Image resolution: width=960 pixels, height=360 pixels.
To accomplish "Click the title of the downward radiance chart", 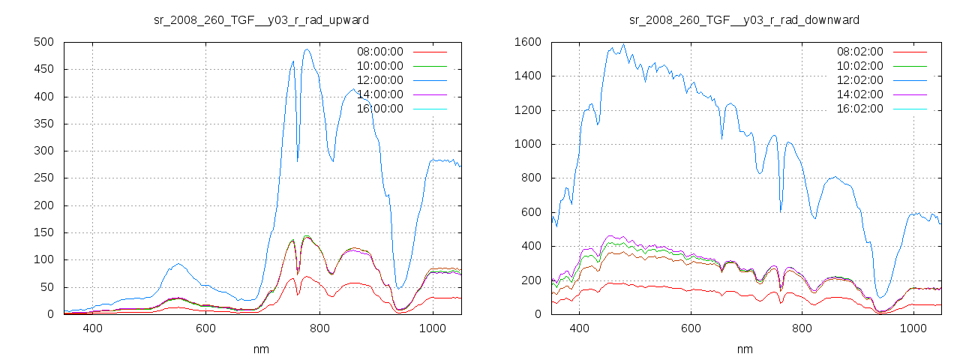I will point(743,19).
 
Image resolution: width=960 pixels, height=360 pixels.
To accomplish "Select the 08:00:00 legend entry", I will point(379,52).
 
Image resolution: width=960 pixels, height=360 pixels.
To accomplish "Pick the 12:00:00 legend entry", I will point(379,80).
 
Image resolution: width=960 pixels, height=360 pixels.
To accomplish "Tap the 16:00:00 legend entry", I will point(379,109).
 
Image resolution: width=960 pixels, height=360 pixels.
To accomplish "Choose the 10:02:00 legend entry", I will point(859,66).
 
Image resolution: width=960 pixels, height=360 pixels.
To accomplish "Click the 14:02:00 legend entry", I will point(859,94).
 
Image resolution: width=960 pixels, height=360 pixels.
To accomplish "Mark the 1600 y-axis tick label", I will point(527,43).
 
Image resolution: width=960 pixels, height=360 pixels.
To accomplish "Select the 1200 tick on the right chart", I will point(527,111).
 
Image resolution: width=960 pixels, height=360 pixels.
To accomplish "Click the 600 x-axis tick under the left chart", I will point(205,328).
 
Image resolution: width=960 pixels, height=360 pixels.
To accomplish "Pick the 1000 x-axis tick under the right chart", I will point(913,328).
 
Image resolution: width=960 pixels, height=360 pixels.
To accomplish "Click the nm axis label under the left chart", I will point(261,349).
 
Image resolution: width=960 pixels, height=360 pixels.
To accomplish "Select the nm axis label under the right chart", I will point(745,349).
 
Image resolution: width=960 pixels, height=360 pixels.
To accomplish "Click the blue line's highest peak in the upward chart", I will point(307,50).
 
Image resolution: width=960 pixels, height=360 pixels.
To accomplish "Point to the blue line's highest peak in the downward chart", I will point(622,43).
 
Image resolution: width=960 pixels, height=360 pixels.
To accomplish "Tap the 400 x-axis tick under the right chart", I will point(578,328).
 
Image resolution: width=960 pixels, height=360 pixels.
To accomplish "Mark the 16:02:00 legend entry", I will point(859,109).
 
